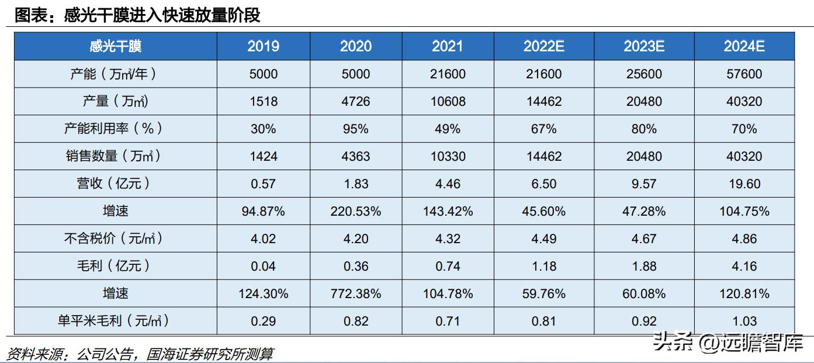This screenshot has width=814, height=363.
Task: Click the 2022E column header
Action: (x=543, y=46)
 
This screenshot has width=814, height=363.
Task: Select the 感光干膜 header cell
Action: (x=115, y=46)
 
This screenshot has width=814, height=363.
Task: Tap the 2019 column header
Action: (x=263, y=46)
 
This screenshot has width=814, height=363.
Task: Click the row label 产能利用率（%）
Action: (x=115, y=129)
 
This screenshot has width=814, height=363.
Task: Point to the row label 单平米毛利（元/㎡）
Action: (x=115, y=321)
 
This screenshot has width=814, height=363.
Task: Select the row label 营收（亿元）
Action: (x=115, y=184)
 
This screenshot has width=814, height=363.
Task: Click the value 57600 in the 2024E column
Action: (x=744, y=74)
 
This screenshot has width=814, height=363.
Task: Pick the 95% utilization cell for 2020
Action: (x=355, y=129)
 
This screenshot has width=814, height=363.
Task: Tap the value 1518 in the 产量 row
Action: (x=263, y=101)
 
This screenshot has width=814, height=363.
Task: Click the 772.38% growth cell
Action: (x=355, y=293)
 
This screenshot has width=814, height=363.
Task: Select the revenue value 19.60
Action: (x=744, y=184)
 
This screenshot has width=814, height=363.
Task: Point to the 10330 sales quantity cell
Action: (x=447, y=156)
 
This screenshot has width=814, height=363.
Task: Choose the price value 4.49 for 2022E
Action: (x=543, y=238)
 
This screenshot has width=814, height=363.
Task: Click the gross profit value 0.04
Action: (x=263, y=266)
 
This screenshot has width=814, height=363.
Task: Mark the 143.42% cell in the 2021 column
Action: (x=447, y=211)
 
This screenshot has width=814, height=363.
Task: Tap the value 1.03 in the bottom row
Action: (x=744, y=321)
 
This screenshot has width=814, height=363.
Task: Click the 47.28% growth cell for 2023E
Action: (x=643, y=211)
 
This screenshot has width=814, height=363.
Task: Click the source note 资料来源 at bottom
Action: (x=139, y=354)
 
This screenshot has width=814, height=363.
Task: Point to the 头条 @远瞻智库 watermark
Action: (x=728, y=342)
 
